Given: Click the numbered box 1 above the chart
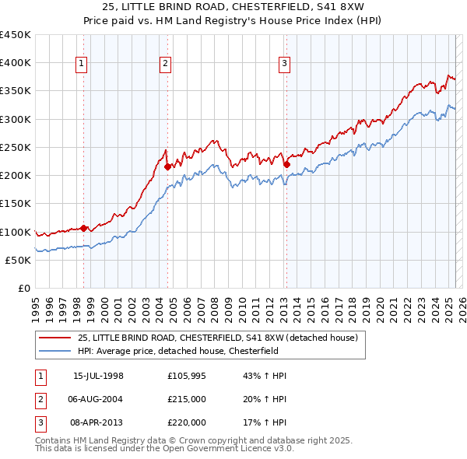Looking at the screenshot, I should pos(82,64).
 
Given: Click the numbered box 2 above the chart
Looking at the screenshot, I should pos(166,64).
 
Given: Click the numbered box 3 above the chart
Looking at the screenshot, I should pos(284,64).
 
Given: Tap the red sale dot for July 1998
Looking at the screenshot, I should pos(84,228).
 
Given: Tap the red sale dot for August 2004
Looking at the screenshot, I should pos(167,166).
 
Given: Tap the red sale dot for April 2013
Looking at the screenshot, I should pos(286,164).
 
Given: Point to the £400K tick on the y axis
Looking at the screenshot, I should pos(16,62).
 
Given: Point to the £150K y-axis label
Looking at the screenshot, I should pos(16,203).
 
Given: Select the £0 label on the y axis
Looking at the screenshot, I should pos(23,288).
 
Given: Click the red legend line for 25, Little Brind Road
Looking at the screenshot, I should pos(54,338).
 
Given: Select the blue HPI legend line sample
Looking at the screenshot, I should pos(54,351).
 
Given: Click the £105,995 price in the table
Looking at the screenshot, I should pos(187,376).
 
